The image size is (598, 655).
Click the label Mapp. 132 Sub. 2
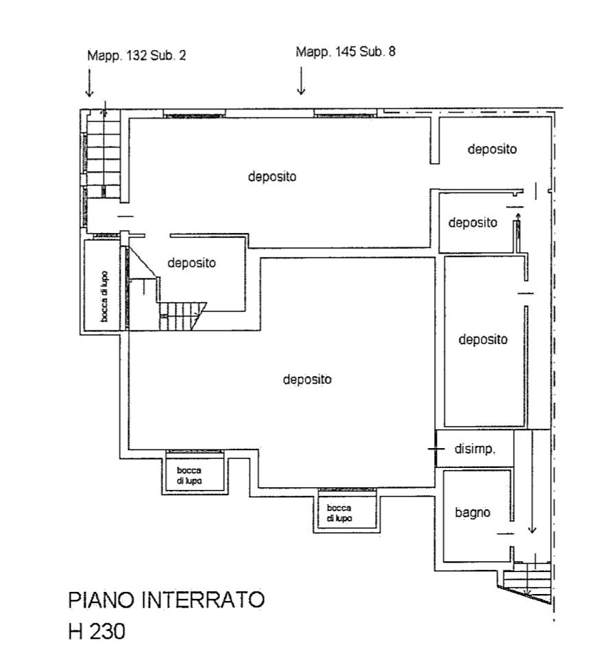pos(136,55)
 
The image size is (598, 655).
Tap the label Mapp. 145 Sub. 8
pos(346,52)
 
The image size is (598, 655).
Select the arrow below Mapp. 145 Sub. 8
pos(301,81)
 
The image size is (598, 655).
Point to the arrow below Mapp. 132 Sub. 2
pos(89,83)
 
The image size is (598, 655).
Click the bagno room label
pos(473,512)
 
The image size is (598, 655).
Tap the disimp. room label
pos(475,449)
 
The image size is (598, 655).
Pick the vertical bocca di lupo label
pos(104,297)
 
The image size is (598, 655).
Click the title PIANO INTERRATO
pos(166,600)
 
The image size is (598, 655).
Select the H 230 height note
pos(97,631)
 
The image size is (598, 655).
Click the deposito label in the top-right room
pos(492,149)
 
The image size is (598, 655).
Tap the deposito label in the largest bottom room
pos(307,380)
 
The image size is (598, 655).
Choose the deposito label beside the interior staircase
pos(191,262)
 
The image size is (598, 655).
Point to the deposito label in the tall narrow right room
pos(483,339)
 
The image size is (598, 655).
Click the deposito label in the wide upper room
pos(272,176)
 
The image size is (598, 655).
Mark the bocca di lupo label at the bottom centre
pos(339,513)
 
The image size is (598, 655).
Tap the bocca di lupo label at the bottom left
pos(189,475)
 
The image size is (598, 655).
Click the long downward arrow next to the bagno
pos(532,482)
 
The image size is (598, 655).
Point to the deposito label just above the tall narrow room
pos(473,223)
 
